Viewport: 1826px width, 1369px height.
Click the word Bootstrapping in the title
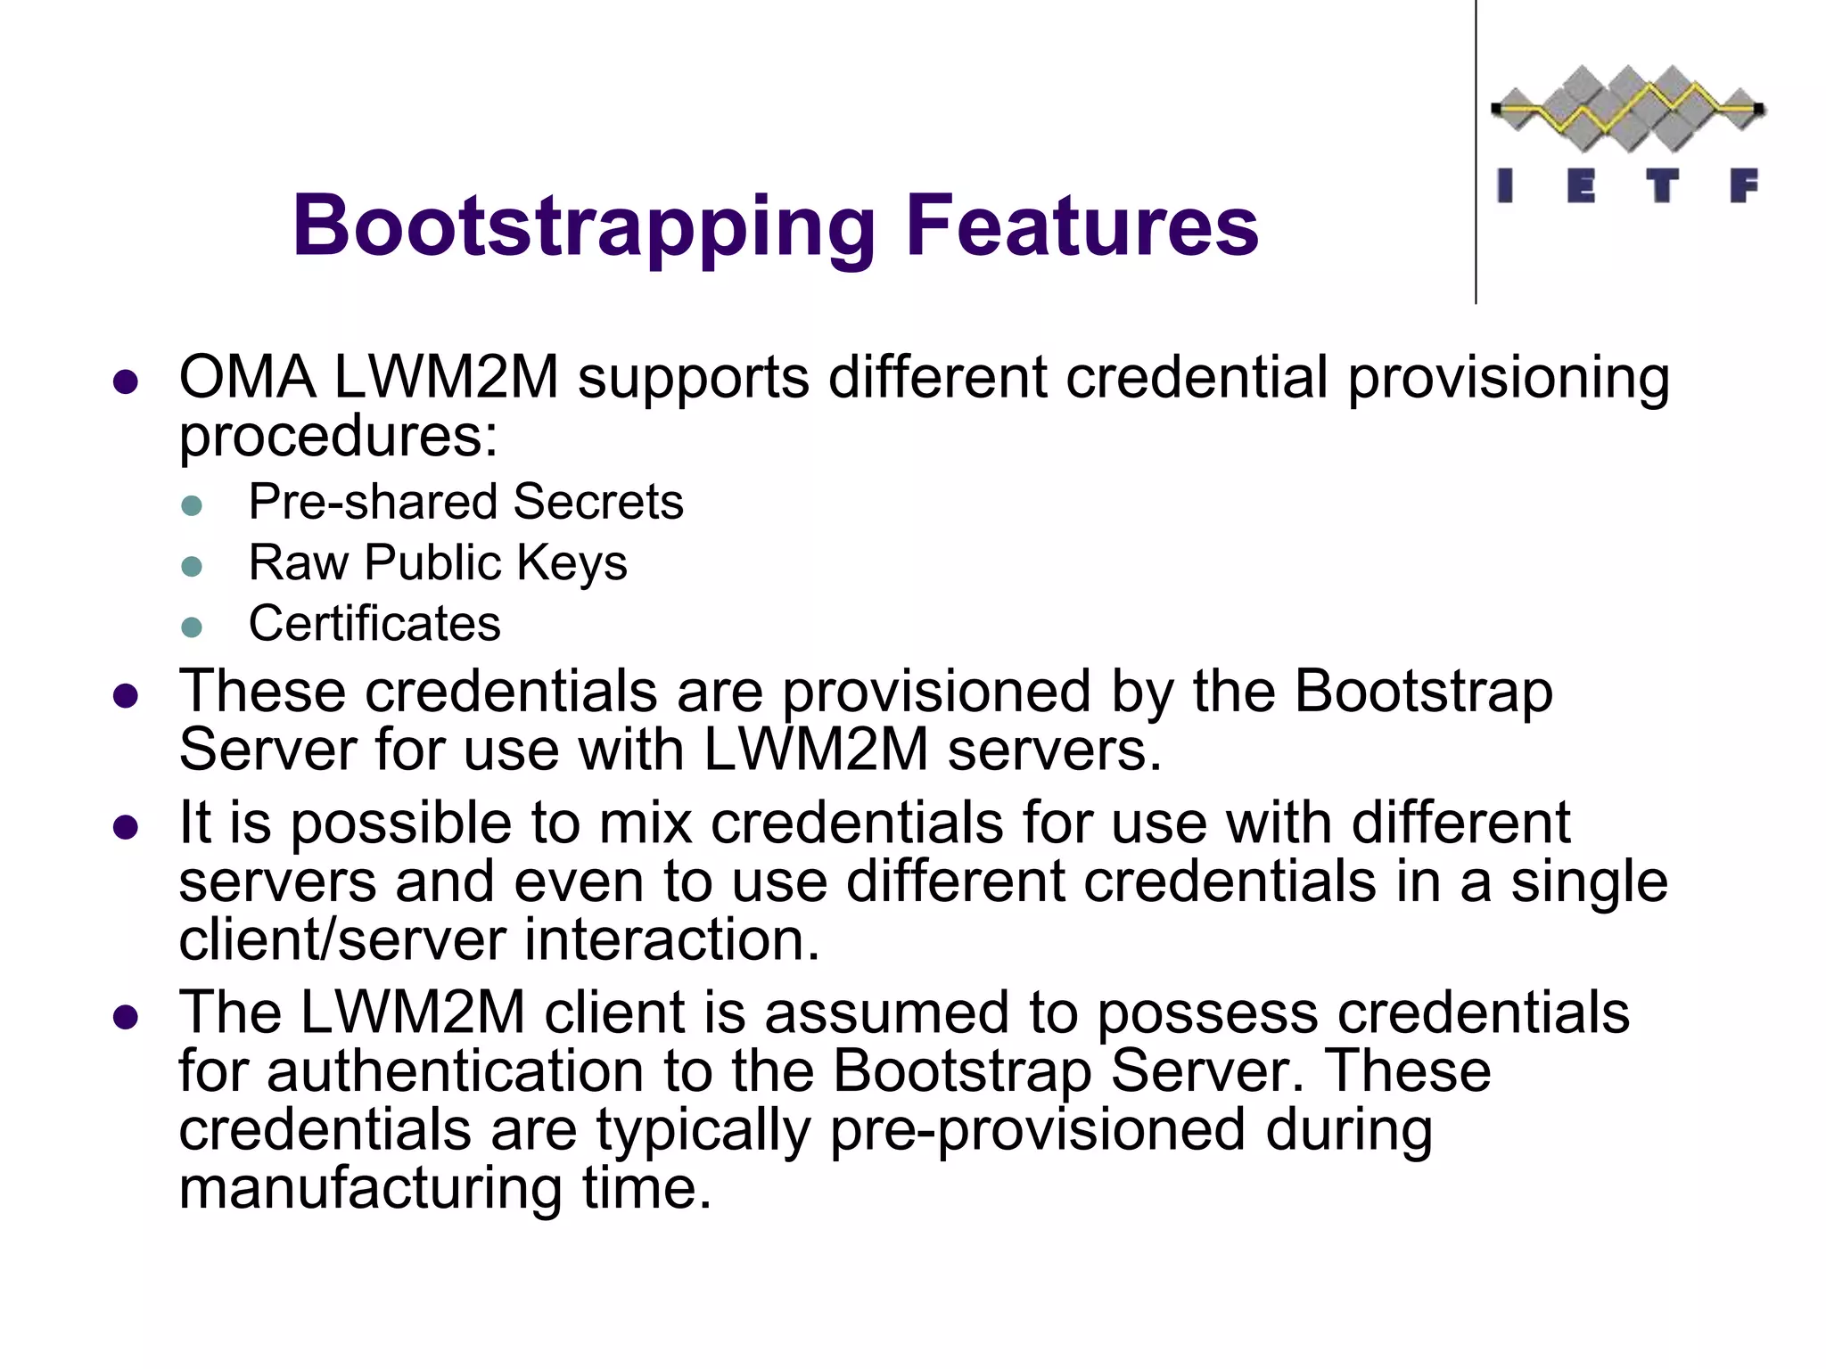(584, 227)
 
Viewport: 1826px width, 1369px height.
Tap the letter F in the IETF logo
(1744, 186)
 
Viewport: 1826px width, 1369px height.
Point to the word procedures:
(338, 437)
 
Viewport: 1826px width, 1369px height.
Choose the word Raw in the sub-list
(298, 562)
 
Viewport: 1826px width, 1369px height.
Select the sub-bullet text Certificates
(374, 623)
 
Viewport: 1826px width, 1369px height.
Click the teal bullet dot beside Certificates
(192, 627)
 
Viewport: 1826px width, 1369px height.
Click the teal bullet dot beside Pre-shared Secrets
(192, 505)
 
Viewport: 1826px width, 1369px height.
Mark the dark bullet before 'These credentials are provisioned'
(126, 696)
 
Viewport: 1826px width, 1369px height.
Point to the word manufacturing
(370, 1188)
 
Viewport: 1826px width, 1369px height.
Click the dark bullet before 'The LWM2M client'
(126, 1017)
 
